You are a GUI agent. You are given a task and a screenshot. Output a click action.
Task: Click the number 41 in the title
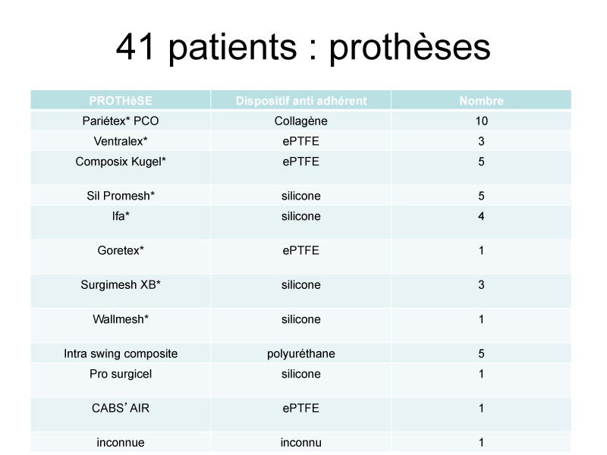pos(136,47)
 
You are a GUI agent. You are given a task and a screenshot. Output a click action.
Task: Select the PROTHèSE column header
pos(121,101)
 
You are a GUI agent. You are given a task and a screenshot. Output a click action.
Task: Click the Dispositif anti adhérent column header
pos(301,101)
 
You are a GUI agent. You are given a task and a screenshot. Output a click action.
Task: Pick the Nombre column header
pos(481,101)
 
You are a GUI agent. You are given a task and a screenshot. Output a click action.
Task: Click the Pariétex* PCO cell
pos(121,121)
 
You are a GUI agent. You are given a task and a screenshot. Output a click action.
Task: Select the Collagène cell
pos(301,121)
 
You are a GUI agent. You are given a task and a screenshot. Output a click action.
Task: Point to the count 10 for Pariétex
pos(481,121)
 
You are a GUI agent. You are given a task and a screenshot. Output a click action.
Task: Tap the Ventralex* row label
pos(121,141)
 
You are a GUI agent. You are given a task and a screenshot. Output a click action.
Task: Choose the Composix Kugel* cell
pos(121,162)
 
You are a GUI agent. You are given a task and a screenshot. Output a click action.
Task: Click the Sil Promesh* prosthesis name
pos(121,196)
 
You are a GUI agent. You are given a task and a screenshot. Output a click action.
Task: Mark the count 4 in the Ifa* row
pos(481,216)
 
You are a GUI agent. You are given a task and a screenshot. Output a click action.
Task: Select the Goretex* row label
pos(121,250)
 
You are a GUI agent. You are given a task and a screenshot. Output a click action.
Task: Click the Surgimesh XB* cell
pos(121,285)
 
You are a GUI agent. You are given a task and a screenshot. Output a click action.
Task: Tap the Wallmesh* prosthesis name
pos(121,319)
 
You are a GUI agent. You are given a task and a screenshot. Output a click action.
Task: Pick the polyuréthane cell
pos(301,354)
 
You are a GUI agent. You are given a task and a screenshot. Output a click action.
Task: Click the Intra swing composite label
pos(121,354)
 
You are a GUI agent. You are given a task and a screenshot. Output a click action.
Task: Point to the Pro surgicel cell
pos(121,374)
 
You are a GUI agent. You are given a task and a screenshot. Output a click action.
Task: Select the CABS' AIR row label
pos(121,408)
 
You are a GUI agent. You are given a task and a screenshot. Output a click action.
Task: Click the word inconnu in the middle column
pos(301,443)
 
